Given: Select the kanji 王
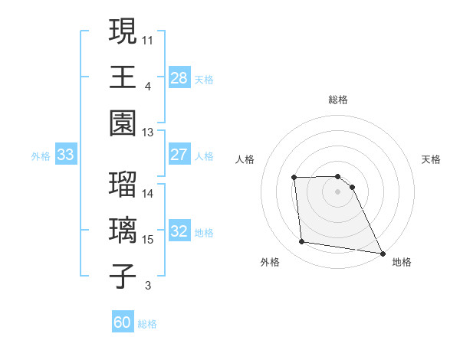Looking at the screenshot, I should pos(123,77).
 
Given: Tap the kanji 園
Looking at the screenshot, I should pos(123,123).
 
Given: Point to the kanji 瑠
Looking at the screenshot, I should pos(123,184).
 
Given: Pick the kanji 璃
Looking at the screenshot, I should pos(123,231).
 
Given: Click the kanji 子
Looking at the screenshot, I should pos(123,277).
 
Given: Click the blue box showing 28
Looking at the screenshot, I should pos(179,77).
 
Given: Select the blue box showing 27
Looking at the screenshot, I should pos(179,155).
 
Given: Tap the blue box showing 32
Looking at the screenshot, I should pos(179,232).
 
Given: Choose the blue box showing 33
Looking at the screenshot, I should pos(66,155).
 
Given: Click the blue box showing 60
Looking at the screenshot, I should pos(123,322).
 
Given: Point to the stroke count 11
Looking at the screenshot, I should pos(148,39).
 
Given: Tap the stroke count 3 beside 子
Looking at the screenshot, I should pos(147,286).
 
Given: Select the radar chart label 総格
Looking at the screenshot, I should pos(338,100).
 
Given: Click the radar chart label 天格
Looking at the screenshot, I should pos(432,159).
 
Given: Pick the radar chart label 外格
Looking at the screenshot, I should pos(270,262).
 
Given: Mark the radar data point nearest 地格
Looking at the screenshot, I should pos(383,253).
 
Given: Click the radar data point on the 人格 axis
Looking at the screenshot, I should pos(294,178).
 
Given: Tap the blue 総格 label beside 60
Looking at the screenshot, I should pos(147,324).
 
